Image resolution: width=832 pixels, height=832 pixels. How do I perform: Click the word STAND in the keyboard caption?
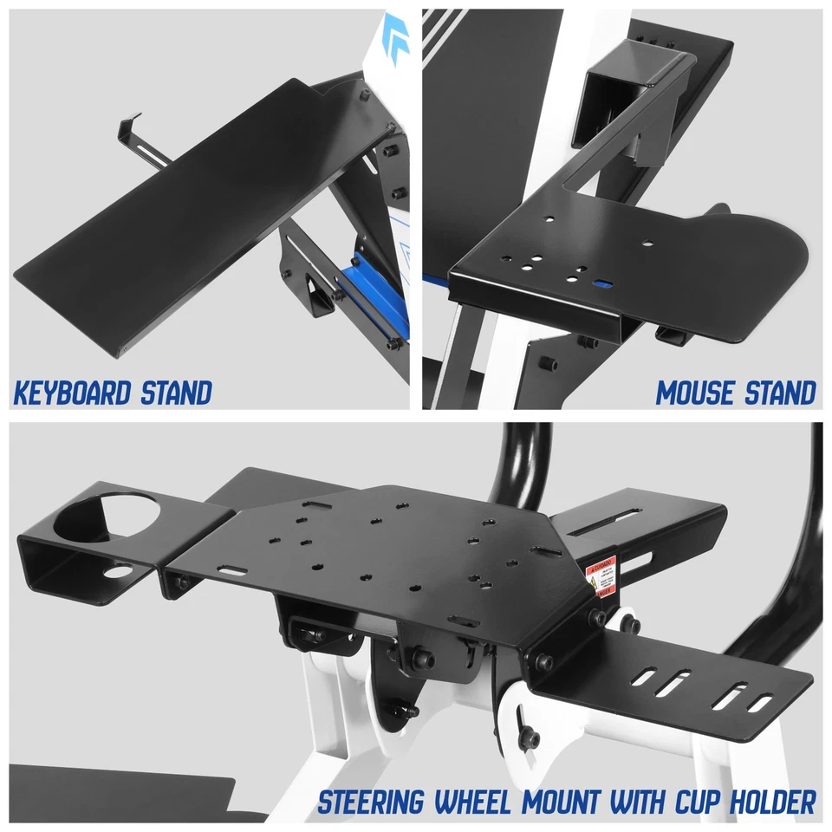(x=173, y=393)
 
